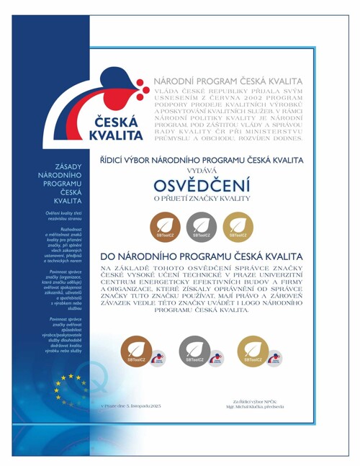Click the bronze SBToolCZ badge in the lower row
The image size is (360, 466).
click(x=140, y=350)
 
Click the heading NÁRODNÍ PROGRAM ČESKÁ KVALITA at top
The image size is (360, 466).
click(x=226, y=81)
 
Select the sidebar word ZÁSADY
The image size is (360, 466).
click(x=68, y=167)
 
